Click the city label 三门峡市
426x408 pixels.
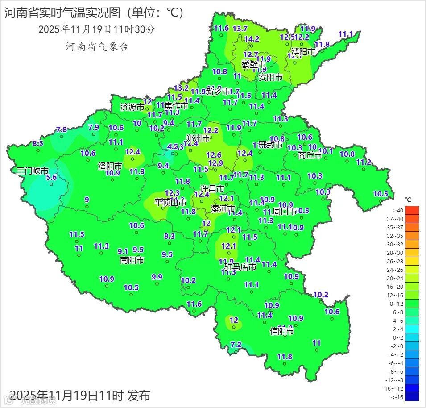coord(32,171)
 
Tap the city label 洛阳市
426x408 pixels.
coord(110,166)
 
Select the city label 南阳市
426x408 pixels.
coord(132,260)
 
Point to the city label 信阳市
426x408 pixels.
coord(282,331)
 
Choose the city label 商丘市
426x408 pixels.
coord(310,156)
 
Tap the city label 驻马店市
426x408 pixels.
coord(240,267)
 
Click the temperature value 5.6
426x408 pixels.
coord(52,177)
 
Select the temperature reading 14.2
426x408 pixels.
coord(252,39)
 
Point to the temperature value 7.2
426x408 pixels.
coord(236,345)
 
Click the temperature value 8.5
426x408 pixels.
coord(38,143)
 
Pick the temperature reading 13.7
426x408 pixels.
coord(240,29)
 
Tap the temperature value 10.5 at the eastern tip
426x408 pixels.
coord(381,194)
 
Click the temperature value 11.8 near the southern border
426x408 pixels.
coord(285,357)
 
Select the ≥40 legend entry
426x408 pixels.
coord(398,210)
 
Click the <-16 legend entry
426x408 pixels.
coord(398,397)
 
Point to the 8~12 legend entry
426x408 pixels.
coord(398,304)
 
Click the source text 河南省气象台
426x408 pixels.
coord(97,46)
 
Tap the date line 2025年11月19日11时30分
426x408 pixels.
coord(97,29)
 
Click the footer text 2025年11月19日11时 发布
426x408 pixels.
coord(80,395)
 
